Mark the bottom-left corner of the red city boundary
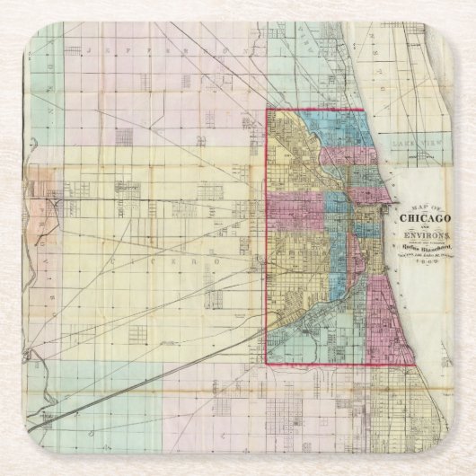[267, 365]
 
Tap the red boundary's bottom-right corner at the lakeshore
[415, 365]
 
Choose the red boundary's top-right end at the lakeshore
[363, 110]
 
